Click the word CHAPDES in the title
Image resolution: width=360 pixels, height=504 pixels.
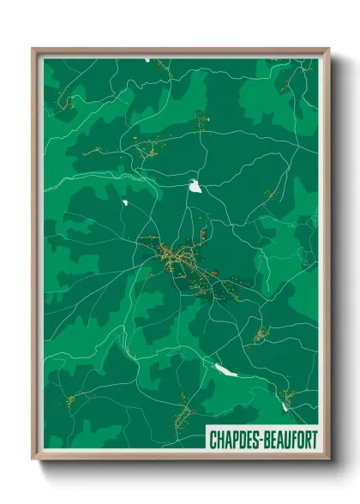pyautogui.click(x=234, y=440)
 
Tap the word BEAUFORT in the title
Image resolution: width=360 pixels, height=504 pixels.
pyautogui.click(x=289, y=440)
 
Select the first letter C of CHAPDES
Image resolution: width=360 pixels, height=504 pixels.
pyautogui.click(x=213, y=440)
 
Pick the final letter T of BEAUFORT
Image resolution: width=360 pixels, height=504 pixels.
pyautogui.click(x=314, y=440)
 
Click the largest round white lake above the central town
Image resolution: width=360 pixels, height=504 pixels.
pyautogui.click(x=195, y=184)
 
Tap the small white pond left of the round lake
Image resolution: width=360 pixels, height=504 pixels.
pyautogui.click(x=125, y=202)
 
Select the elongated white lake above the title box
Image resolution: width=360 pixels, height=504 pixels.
pyautogui.click(x=225, y=370)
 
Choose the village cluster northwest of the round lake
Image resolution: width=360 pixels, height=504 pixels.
pyautogui.click(x=151, y=149)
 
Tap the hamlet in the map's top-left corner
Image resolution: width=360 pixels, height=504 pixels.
pyautogui.click(x=66, y=105)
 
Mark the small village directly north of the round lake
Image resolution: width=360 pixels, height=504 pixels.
pyautogui.click(x=202, y=120)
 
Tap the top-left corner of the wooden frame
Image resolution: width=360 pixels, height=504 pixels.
pyautogui.click(x=33, y=49)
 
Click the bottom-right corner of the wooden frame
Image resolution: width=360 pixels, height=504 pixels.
pyautogui.click(x=328, y=460)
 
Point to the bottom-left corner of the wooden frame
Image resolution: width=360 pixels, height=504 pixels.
pyautogui.click(x=33, y=460)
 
